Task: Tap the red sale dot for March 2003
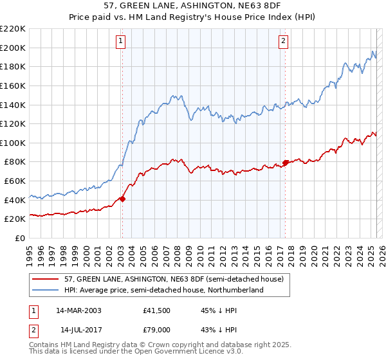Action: (122, 199)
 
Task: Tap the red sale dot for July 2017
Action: (285, 163)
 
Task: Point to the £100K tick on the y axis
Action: (13, 143)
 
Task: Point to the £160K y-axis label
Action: (13, 85)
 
